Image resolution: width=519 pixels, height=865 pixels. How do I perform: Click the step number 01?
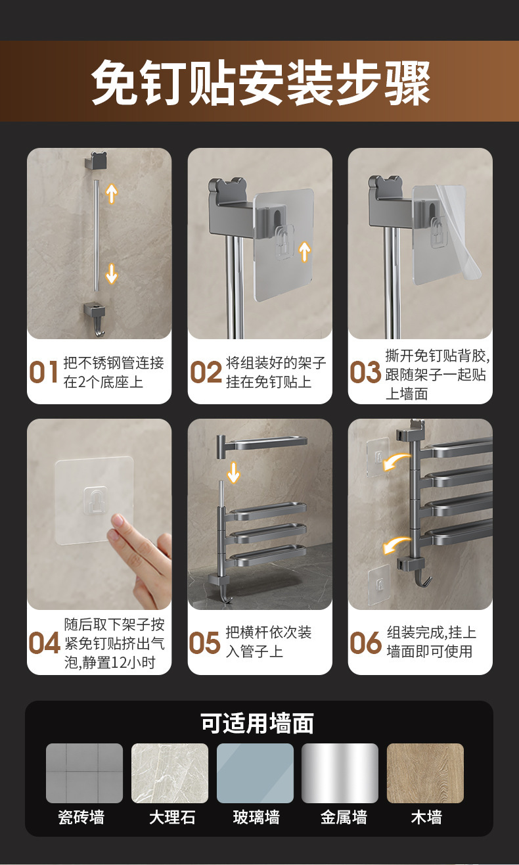point(43,372)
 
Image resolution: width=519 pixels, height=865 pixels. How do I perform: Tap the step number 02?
point(206,372)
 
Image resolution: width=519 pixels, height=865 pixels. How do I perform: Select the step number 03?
point(365,372)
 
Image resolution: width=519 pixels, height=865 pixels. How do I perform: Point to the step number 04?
point(45,643)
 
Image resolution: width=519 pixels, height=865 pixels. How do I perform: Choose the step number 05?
point(204,643)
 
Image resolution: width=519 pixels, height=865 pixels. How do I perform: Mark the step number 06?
point(365,643)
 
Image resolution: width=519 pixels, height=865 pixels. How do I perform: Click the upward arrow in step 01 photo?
point(112,193)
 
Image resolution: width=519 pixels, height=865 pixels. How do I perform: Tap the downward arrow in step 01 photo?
point(112,274)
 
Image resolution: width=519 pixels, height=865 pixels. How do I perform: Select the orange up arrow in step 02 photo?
point(304,252)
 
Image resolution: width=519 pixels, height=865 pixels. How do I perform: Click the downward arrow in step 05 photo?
point(233,473)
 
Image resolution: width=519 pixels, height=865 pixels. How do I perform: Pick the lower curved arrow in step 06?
point(396,545)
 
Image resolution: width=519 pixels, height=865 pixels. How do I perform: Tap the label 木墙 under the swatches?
point(426,817)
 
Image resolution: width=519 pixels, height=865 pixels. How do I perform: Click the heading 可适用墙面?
point(257,723)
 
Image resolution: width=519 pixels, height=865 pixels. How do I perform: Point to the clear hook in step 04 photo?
point(95,502)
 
